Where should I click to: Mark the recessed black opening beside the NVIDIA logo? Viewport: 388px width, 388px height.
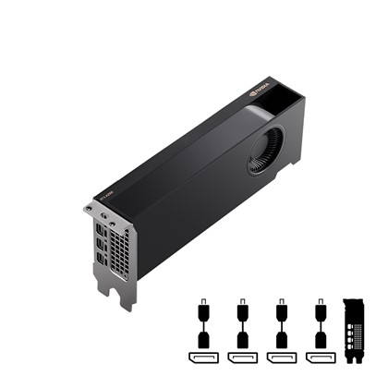tap(287, 93)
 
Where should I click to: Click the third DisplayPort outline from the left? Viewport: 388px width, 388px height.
tap(281, 358)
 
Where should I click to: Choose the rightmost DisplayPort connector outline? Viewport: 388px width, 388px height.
tap(320, 358)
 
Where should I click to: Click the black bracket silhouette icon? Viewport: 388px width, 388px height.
tap(355, 332)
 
